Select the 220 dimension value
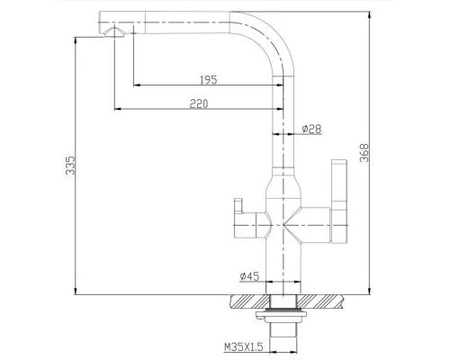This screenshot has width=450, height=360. [200, 103]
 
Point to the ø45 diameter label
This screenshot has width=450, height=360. [249, 277]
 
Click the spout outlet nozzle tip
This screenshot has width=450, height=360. [113, 33]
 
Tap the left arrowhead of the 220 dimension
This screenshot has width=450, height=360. [116, 111]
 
